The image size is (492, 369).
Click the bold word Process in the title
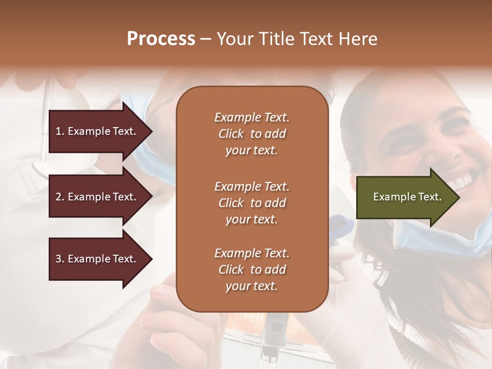tap(161, 39)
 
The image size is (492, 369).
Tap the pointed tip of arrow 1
tap(151, 131)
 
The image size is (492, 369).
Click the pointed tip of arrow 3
tap(151, 259)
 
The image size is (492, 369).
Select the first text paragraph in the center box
tap(252, 134)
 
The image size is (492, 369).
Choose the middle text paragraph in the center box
tap(252, 203)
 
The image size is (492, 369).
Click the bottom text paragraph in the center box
tap(252, 270)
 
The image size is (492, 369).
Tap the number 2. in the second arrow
tap(59, 197)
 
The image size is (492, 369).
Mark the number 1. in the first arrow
tap(59, 131)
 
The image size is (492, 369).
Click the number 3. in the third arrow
tap(59, 259)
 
